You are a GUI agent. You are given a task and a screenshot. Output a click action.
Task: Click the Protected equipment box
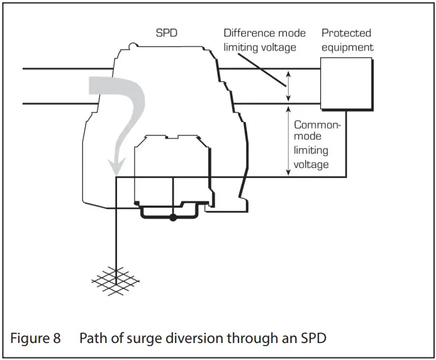(345, 84)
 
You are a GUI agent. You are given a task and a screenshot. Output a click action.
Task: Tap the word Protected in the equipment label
(346, 33)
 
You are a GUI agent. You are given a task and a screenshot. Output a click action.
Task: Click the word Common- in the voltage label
(317, 125)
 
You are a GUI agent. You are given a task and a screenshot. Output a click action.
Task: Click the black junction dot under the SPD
(173, 218)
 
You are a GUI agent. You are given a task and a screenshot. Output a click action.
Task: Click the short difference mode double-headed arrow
(288, 86)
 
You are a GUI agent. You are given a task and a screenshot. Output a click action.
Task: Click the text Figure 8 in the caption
(35, 338)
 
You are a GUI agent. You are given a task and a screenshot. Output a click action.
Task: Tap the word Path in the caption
(92, 338)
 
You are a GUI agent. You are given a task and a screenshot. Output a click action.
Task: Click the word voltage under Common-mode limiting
(311, 164)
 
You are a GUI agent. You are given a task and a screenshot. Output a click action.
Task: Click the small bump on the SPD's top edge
(133, 45)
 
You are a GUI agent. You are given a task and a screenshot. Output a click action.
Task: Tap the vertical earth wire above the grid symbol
(116, 233)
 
